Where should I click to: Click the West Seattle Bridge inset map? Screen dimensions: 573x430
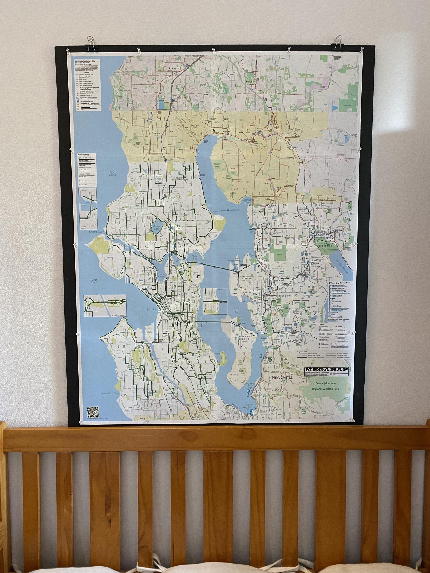click(x=105, y=306)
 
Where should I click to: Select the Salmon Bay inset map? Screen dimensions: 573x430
click(x=88, y=207)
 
